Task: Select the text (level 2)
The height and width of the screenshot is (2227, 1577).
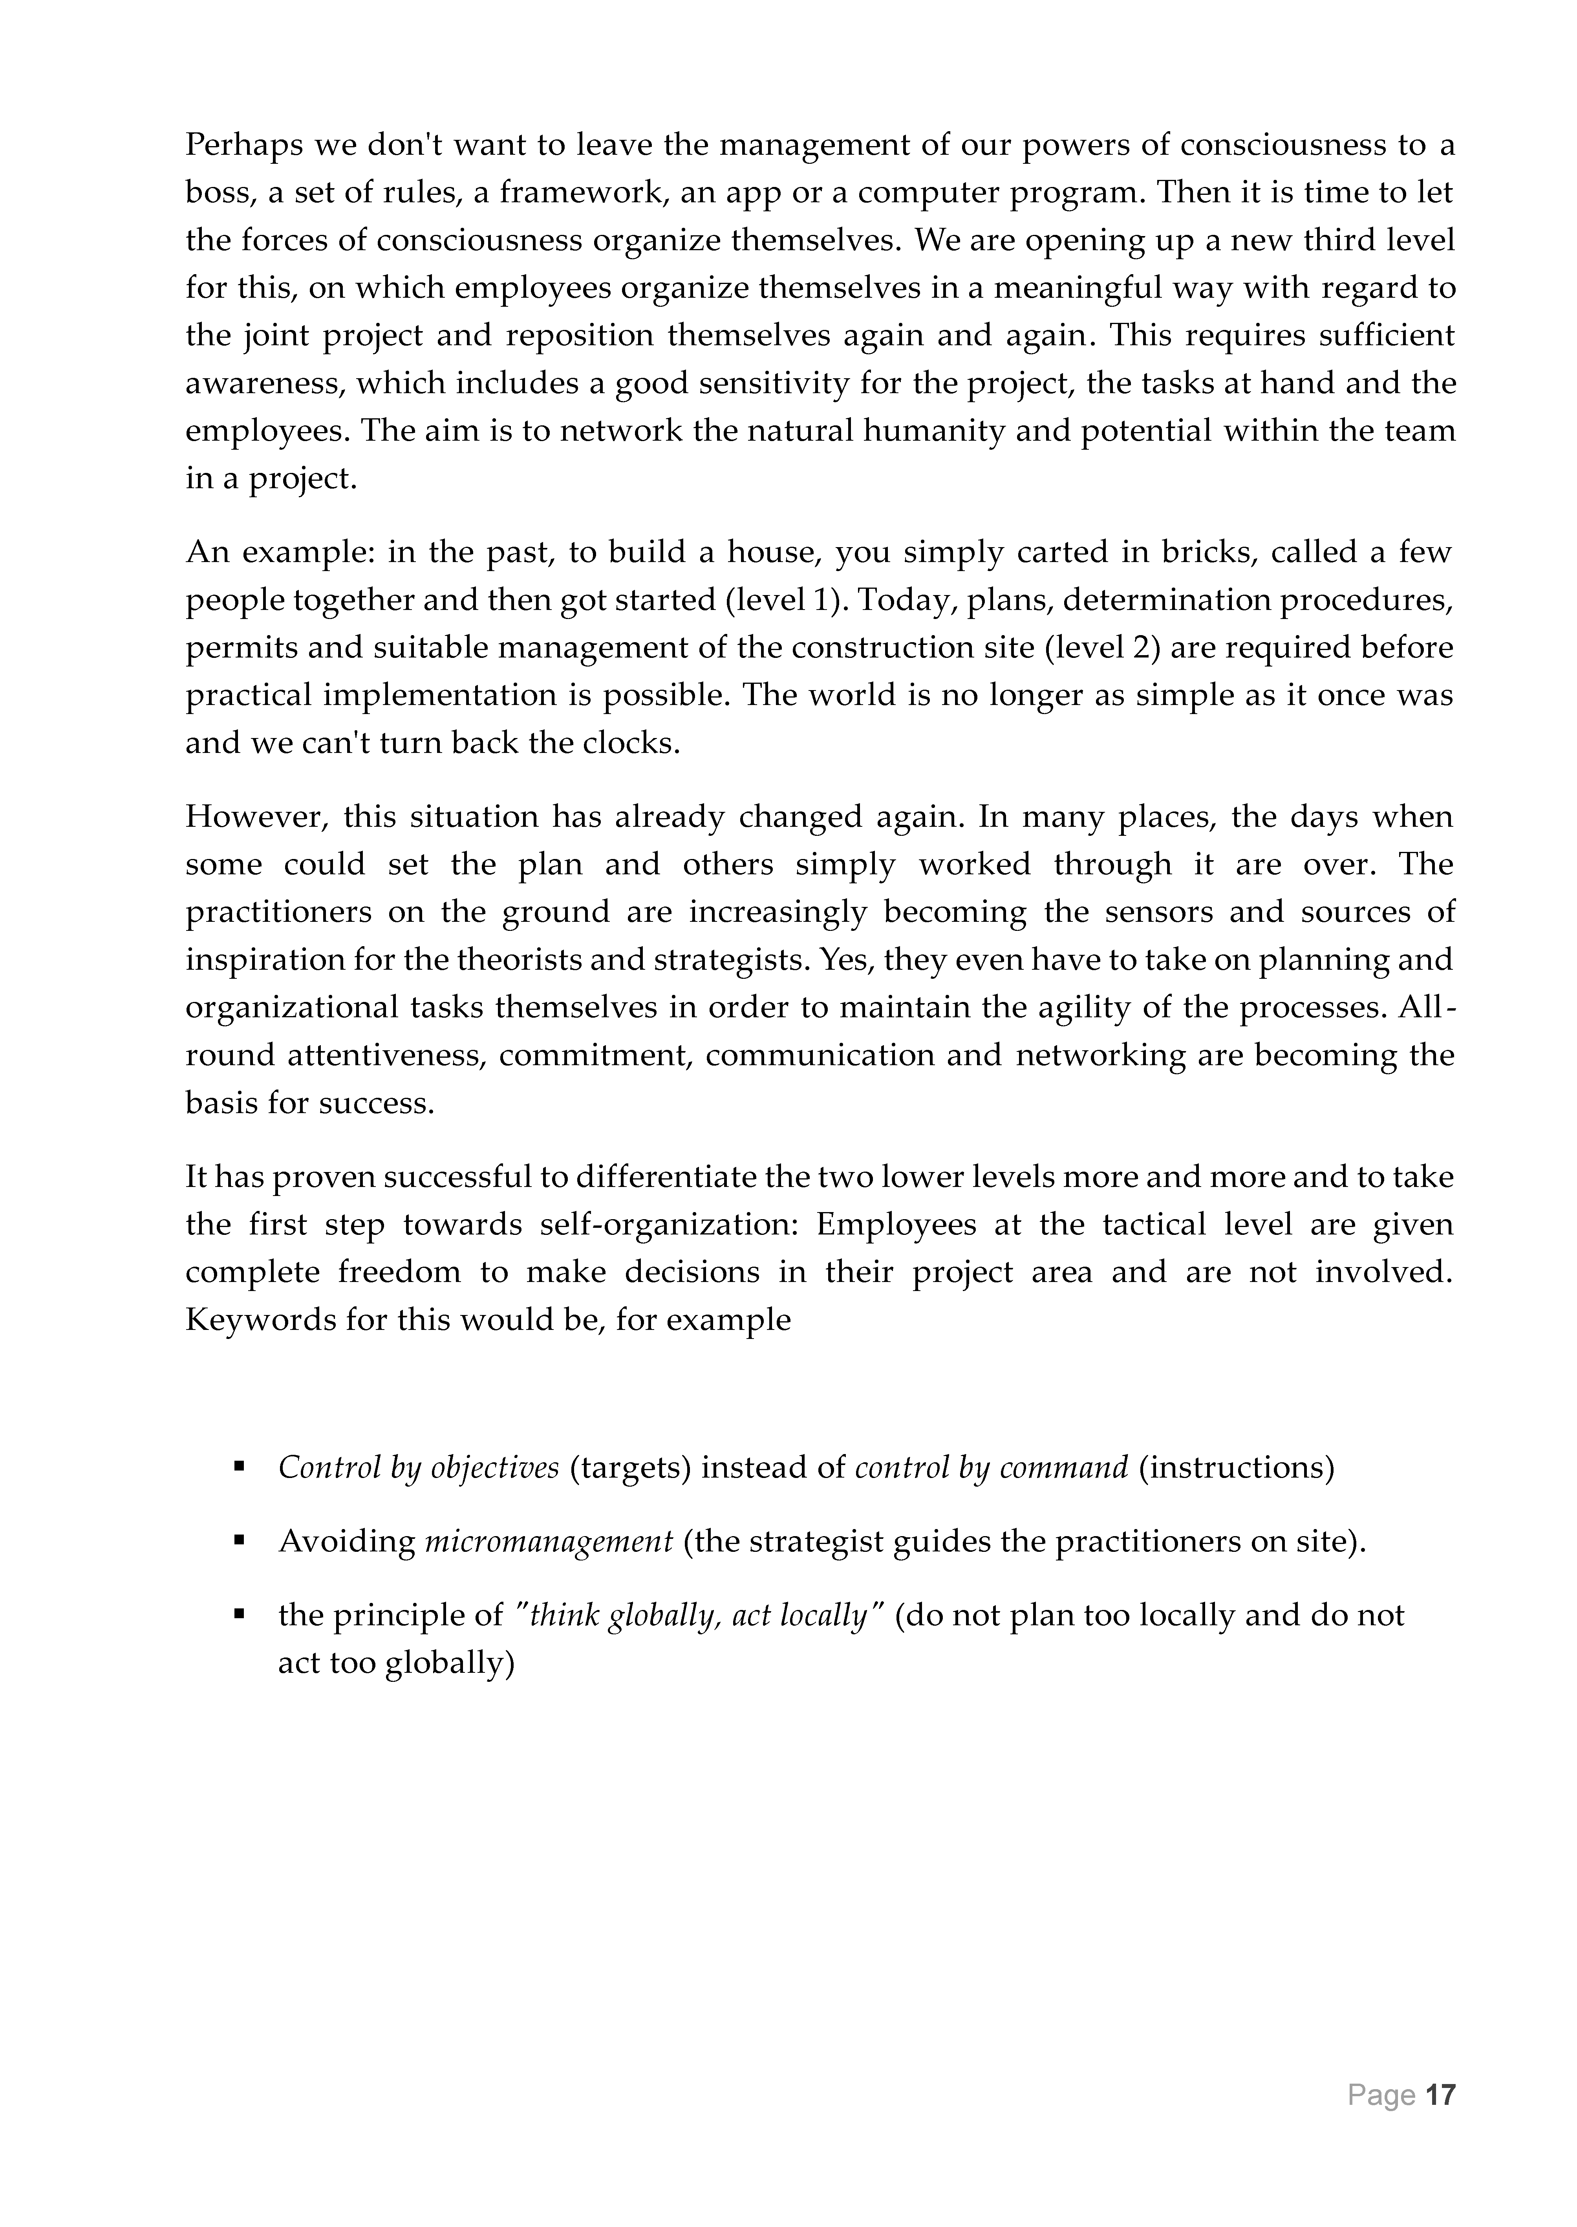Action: pyautogui.click(x=1102, y=648)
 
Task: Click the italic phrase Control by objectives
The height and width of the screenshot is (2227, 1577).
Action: pyautogui.click(x=419, y=1467)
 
